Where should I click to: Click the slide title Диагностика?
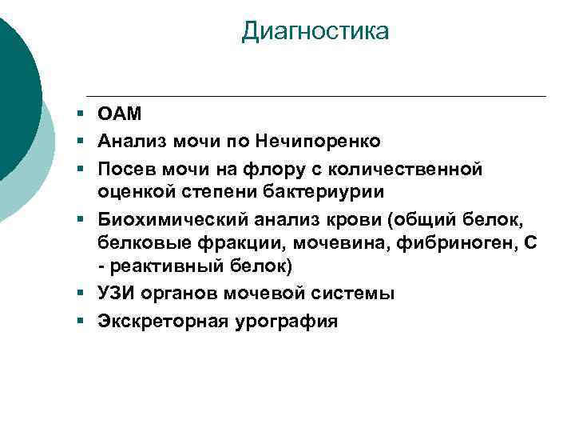(x=315, y=31)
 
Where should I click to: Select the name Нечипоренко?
(x=317, y=141)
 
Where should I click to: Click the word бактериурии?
(x=325, y=191)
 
